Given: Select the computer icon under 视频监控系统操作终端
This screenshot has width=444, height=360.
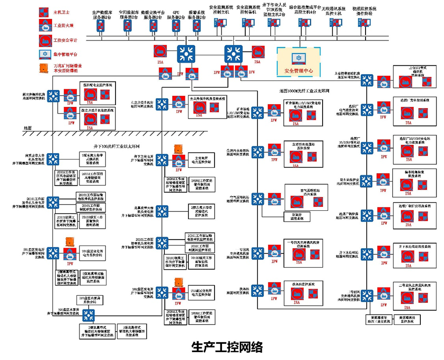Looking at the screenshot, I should pos(363,22).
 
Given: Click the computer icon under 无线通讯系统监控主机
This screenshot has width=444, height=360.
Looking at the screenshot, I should pos(333,22).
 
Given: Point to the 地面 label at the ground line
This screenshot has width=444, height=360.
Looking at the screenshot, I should pos(28,128).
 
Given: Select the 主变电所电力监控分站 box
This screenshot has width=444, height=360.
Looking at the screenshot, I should pos(200,160).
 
